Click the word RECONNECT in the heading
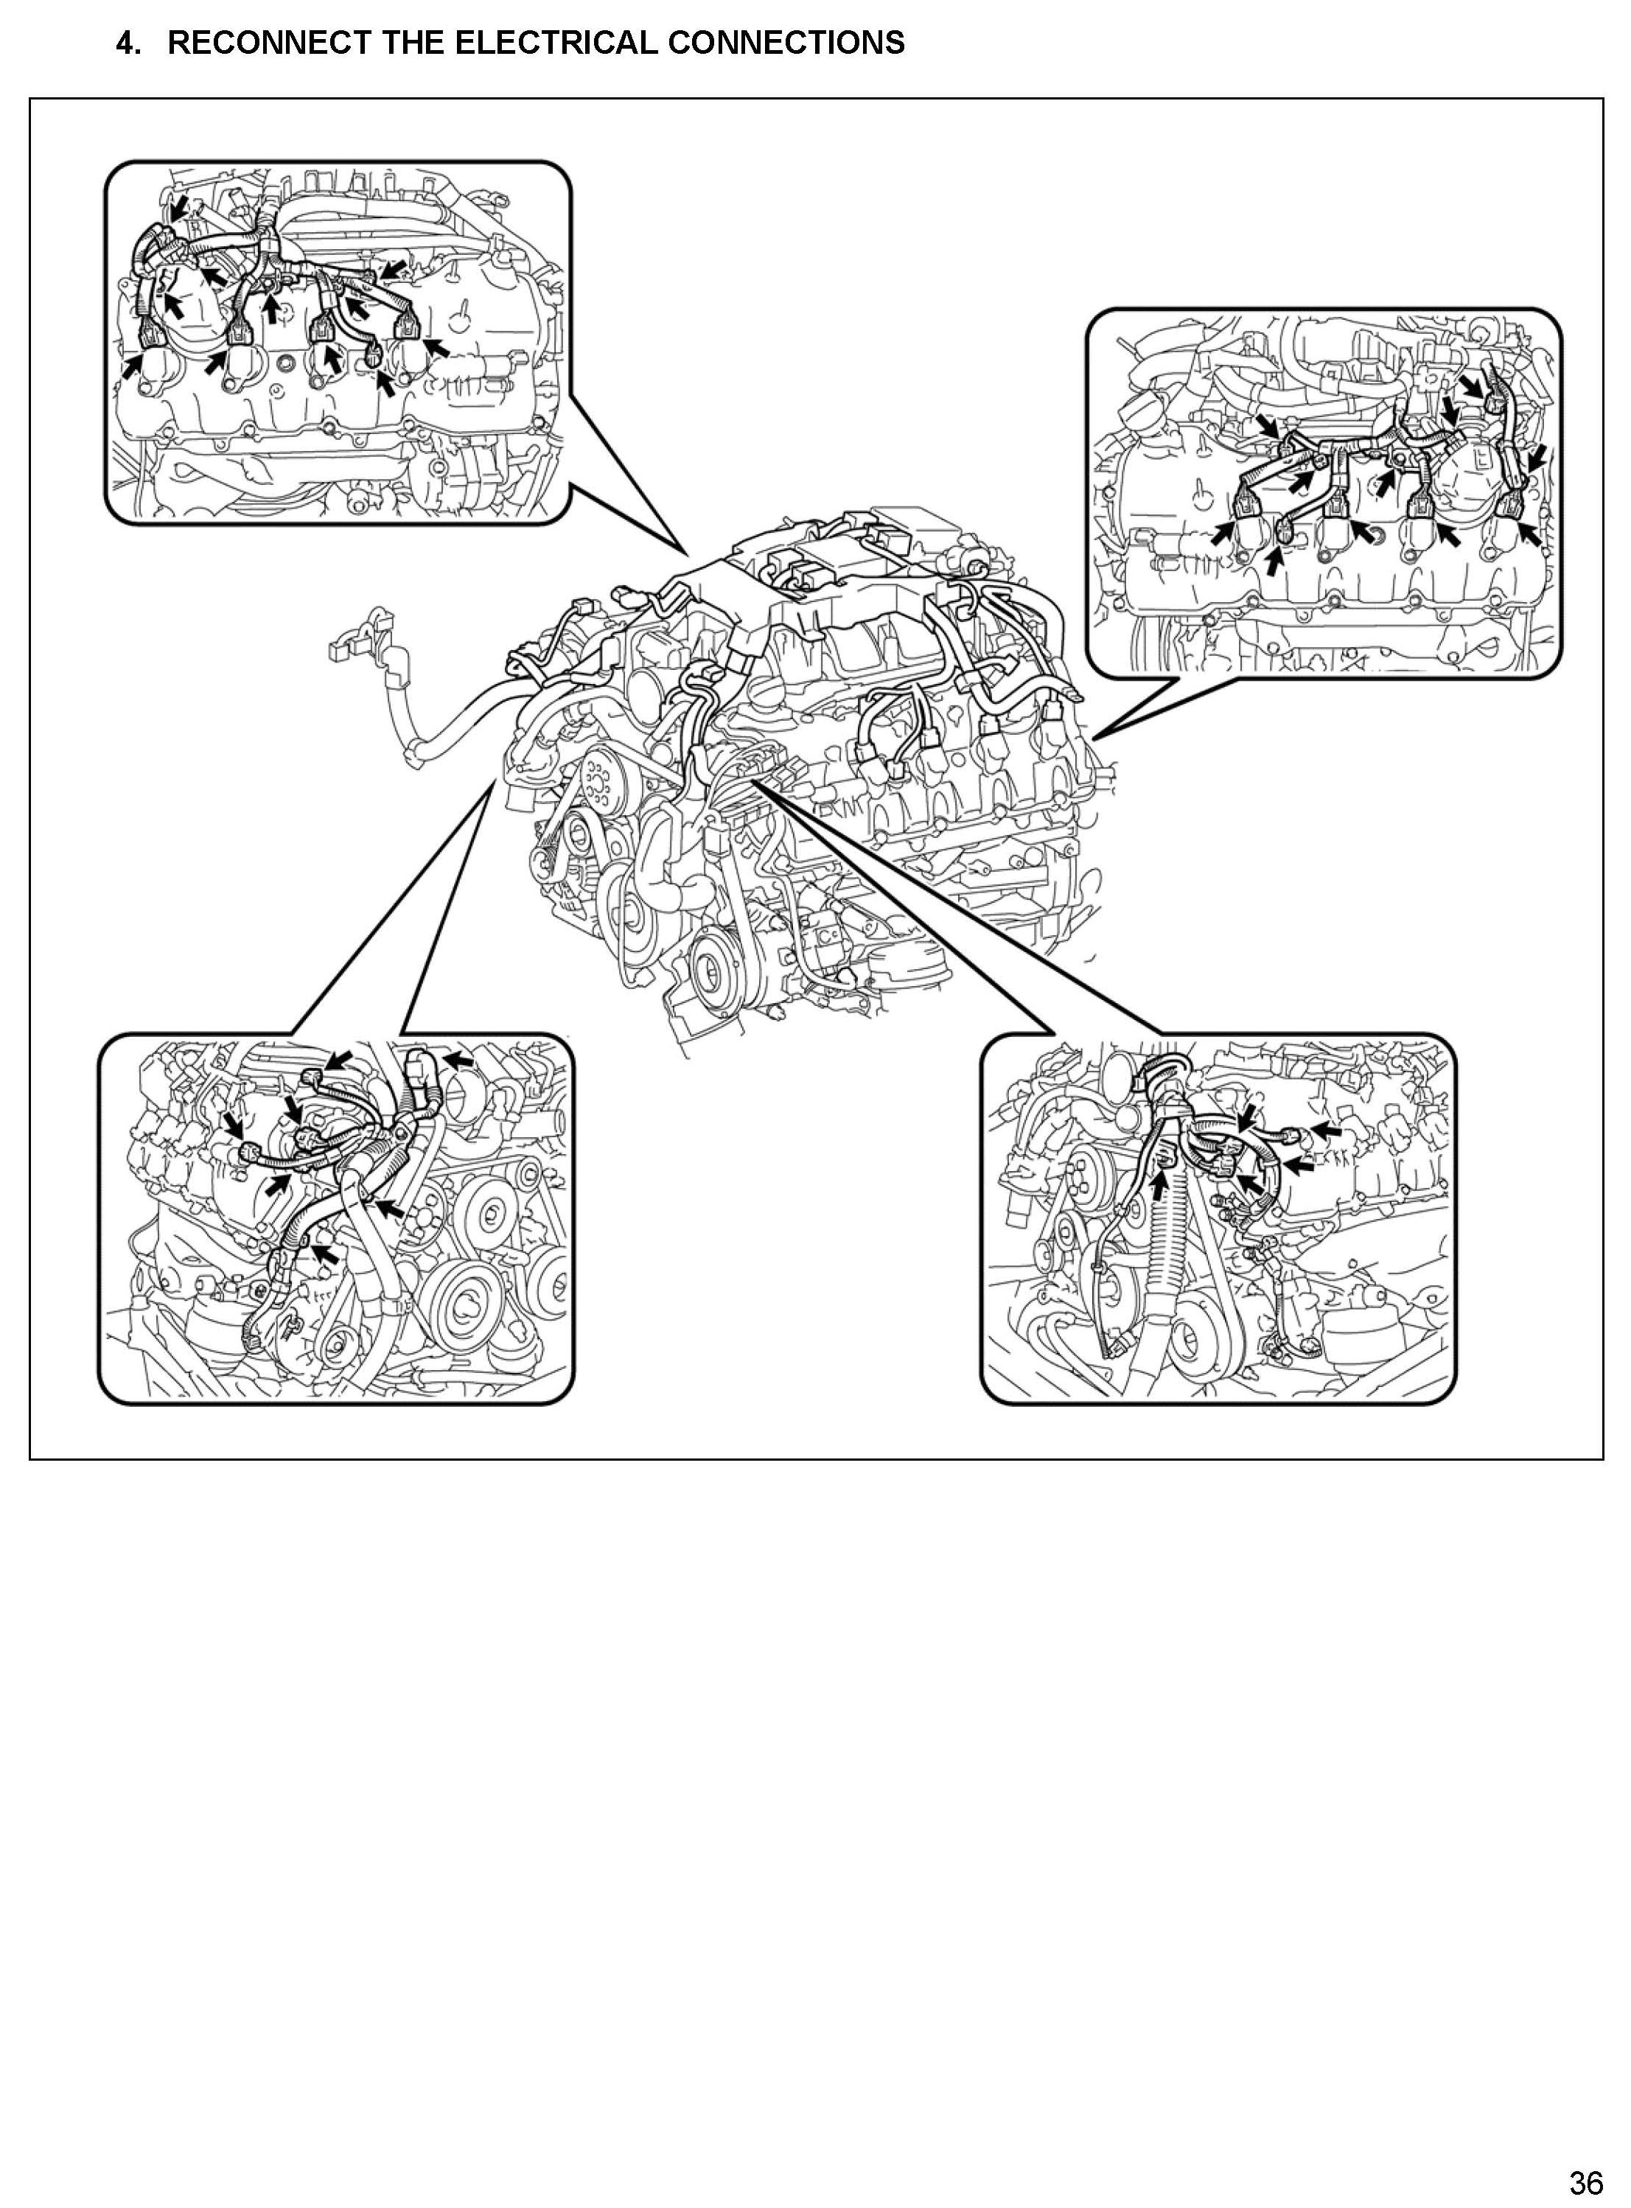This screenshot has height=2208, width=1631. point(261,43)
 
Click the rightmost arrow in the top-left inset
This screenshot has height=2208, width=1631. point(436,346)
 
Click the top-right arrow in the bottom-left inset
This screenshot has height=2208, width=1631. point(456,1060)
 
